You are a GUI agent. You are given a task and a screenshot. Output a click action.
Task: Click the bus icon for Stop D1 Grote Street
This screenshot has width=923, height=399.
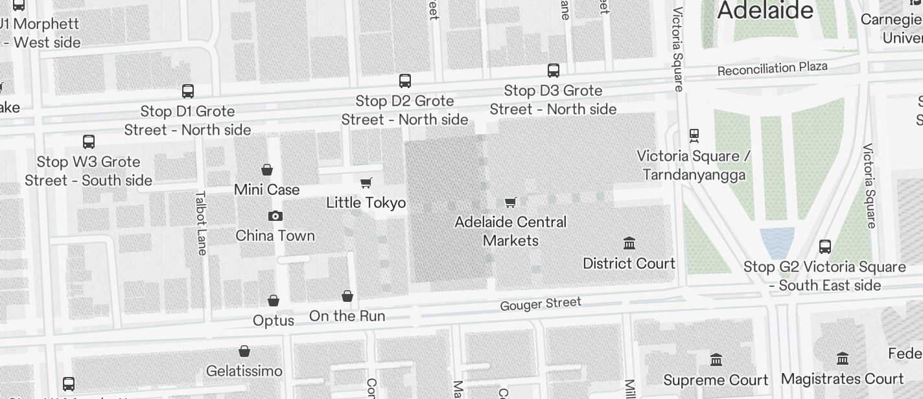click(x=188, y=91)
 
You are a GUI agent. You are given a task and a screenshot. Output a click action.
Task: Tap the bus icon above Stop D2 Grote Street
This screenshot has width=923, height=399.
click(x=405, y=81)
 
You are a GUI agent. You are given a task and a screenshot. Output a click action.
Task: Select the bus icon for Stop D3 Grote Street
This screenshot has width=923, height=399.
click(x=554, y=71)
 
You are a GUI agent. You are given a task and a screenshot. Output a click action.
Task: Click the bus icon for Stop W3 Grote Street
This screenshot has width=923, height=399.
click(x=89, y=142)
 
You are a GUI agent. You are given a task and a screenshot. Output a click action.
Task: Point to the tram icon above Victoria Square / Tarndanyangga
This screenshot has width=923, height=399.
click(x=694, y=136)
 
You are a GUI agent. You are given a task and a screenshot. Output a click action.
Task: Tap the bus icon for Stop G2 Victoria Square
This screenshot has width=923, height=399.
click(x=825, y=247)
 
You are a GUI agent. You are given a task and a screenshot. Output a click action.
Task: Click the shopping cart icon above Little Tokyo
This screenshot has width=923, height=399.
click(x=366, y=183)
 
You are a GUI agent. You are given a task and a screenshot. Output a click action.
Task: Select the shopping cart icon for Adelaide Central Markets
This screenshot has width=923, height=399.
click(x=511, y=203)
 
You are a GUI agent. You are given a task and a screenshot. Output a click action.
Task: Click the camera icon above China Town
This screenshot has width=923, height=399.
click(x=275, y=216)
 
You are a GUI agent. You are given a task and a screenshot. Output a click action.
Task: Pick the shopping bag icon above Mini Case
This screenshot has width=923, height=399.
click(x=267, y=170)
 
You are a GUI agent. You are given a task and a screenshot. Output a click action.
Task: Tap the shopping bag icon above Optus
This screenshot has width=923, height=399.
click(x=274, y=301)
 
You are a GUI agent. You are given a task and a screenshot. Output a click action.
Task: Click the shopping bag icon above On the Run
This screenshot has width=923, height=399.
click(x=347, y=297)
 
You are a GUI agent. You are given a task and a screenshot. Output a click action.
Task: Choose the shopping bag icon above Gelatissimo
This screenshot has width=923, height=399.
click(x=244, y=352)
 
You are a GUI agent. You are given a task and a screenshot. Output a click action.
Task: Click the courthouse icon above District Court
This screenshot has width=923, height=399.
click(x=629, y=244)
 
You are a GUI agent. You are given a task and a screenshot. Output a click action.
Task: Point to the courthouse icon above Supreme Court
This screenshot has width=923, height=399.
click(x=716, y=360)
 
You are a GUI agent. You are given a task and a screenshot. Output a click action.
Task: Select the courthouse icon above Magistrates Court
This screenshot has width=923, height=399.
click(x=843, y=359)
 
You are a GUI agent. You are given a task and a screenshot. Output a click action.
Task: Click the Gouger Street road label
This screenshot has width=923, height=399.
click(x=541, y=303)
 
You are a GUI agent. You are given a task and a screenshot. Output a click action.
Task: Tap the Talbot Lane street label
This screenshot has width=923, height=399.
click(x=201, y=222)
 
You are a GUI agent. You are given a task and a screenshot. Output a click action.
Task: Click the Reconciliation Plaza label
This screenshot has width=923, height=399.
click(x=772, y=68)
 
